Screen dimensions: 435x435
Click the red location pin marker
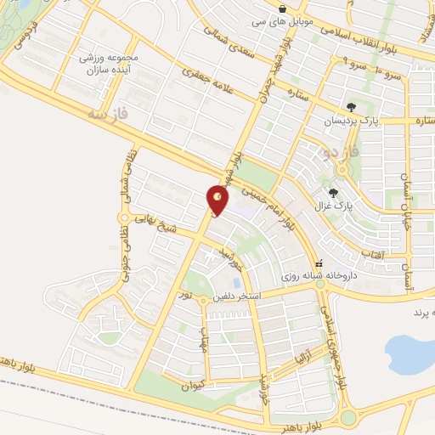click(x=218, y=199)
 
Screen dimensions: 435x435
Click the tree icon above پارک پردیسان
click(x=351, y=107)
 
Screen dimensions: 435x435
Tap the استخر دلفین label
click(x=243, y=295)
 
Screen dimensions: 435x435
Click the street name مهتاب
click(x=205, y=337)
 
